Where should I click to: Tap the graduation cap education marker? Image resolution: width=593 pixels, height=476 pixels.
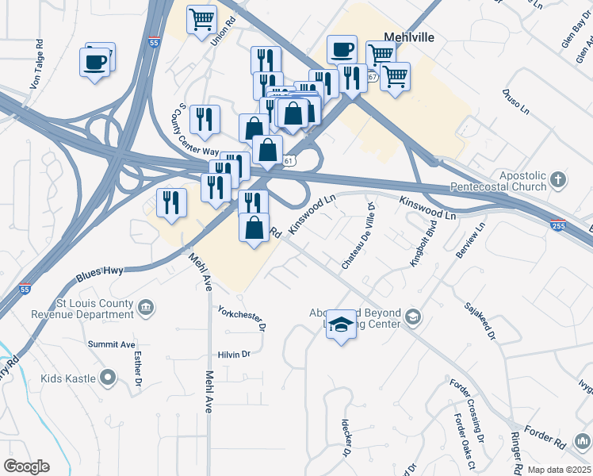341,325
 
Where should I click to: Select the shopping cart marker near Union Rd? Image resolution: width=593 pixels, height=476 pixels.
202,19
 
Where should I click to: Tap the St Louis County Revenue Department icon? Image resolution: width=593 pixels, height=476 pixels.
145,307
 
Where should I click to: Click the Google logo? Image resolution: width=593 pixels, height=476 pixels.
26,466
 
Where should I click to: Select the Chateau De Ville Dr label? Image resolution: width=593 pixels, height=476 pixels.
358,236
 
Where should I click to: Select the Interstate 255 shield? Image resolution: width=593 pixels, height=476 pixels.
558,225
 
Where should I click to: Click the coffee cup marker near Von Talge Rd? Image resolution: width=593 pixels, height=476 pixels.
94,62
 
